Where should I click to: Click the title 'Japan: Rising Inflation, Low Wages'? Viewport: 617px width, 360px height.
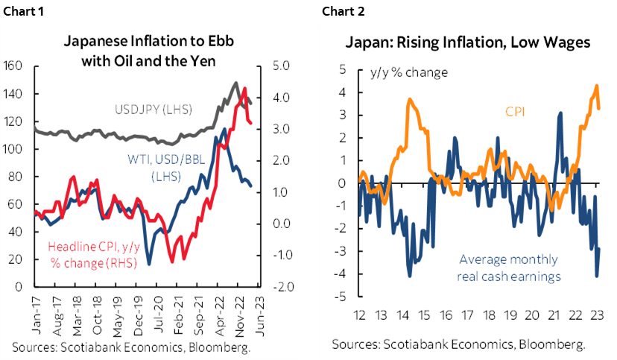(467, 42)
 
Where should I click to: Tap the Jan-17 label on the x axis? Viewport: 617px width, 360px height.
(14, 317)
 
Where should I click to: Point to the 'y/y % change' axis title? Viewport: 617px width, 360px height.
(409, 73)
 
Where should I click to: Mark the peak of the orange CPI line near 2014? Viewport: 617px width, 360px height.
(409, 99)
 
